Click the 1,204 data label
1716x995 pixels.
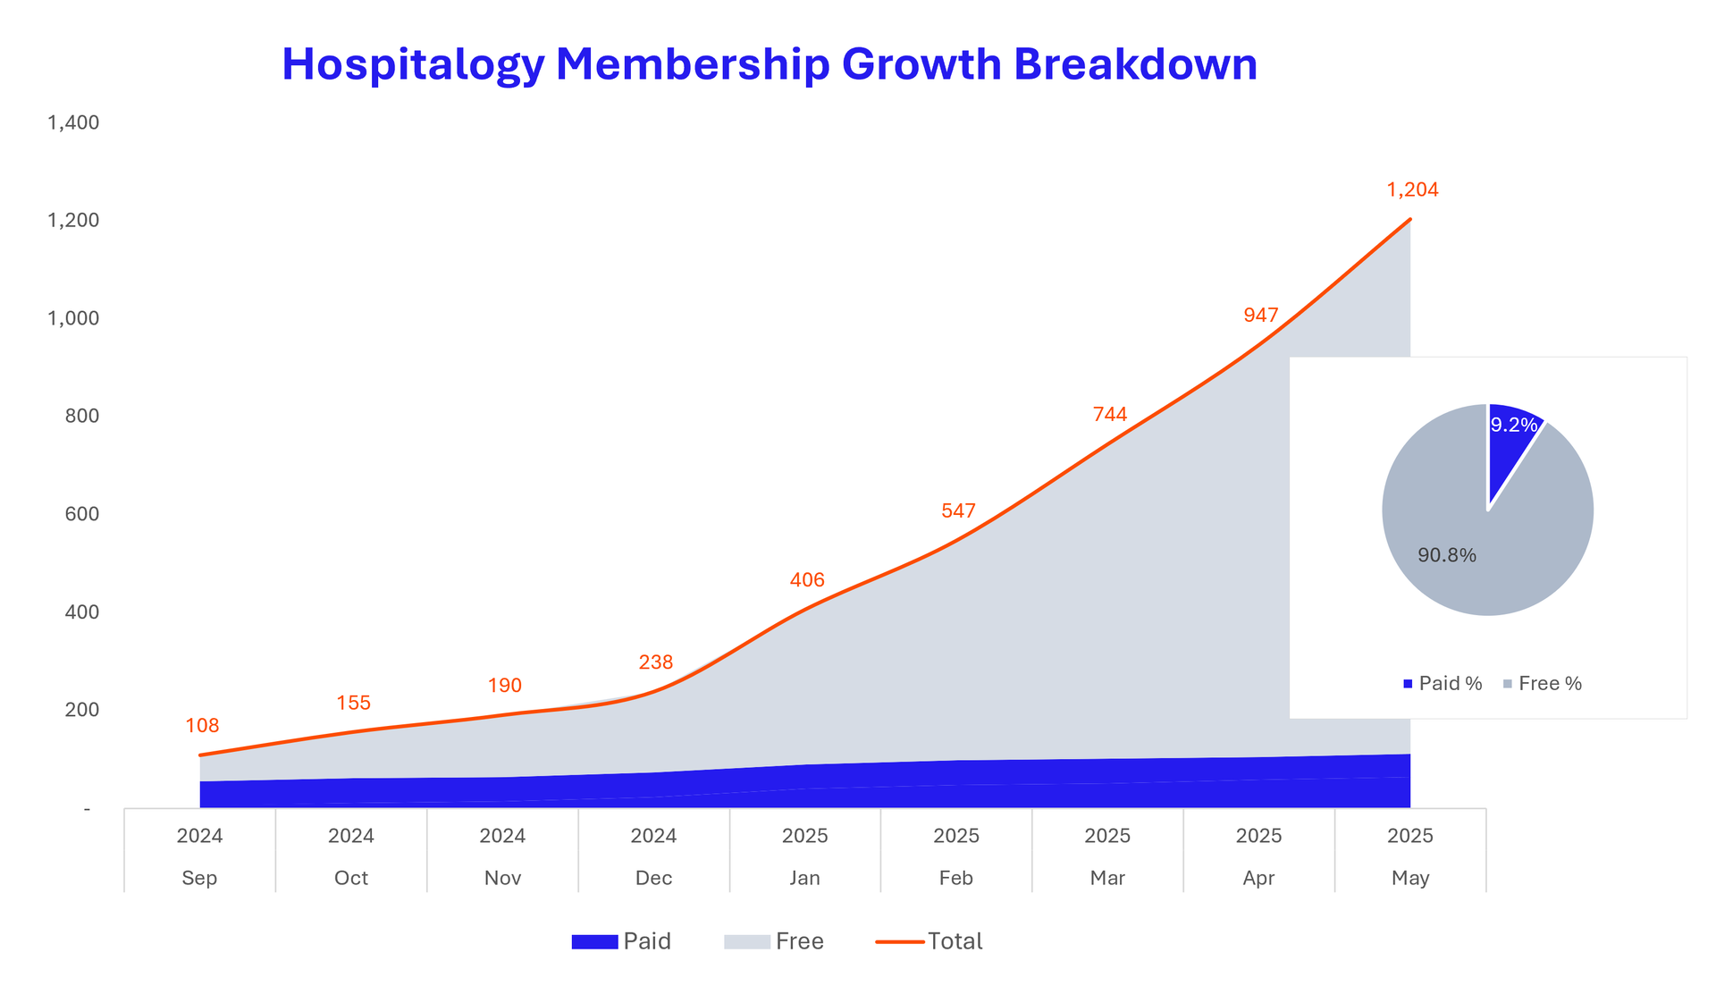tap(1412, 190)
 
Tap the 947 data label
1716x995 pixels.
tap(1260, 315)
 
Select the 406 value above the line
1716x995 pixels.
tap(807, 580)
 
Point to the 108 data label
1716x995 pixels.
tap(202, 726)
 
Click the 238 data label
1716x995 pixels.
tap(655, 662)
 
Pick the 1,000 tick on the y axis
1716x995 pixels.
tap(73, 318)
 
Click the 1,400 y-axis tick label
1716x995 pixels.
tap(73, 122)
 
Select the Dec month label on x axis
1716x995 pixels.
tap(653, 878)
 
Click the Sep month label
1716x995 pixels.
tap(199, 878)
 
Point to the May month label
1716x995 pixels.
tap(1410, 878)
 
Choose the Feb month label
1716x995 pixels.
tap(956, 878)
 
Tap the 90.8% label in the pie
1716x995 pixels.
tap(1446, 555)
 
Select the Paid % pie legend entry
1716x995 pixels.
tap(1443, 684)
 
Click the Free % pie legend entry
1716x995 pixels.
tap(1543, 684)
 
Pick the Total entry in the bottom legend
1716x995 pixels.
tap(955, 941)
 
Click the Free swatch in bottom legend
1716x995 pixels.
tap(746, 942)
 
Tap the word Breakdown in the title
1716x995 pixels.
tap(1135, 64)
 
